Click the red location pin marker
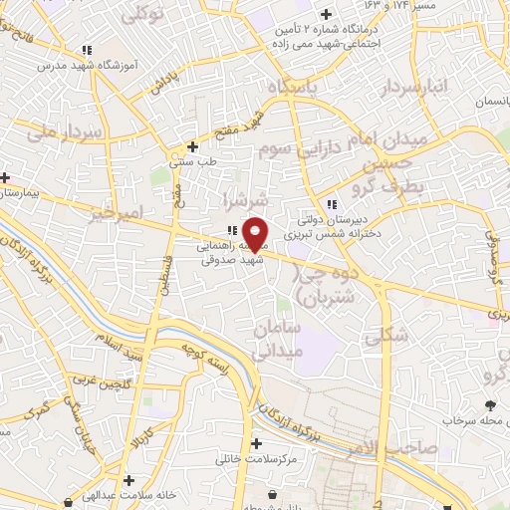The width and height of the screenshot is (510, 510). point(255,233)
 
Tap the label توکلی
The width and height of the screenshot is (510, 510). point(141,14)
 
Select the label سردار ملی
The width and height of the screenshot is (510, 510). point(60,131)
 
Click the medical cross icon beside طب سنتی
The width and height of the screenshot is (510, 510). point(192,146)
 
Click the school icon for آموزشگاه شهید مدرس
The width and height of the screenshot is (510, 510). point(87,49)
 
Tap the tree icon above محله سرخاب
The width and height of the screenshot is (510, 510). point(490,404)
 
